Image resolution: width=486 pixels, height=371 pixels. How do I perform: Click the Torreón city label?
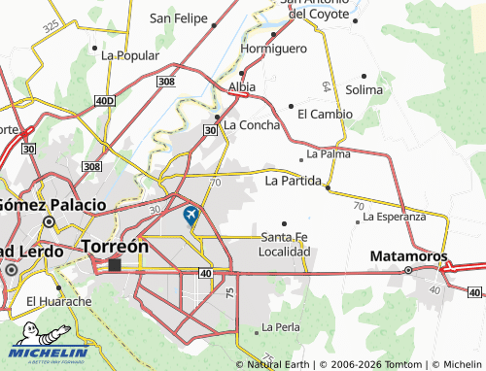click(116, 246)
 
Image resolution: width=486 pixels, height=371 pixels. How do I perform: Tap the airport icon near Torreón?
click(191, 214)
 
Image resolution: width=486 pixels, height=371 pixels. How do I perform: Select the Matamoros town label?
click(409, 256)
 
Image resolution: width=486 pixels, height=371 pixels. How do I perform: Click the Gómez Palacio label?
click(53, 205)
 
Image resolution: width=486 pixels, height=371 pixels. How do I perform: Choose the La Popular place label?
click(130, 55)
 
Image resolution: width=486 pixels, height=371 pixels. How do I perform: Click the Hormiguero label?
click(273, 49)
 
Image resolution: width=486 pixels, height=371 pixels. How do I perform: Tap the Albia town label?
click(241, 87)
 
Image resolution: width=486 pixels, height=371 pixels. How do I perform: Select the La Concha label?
click(252, 125)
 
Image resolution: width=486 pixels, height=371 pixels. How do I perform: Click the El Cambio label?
click(325, 114)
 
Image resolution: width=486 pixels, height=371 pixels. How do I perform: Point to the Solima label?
click(364, 89)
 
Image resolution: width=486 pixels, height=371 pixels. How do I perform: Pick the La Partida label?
click(294, 181)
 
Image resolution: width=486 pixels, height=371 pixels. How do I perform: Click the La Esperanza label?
click(395, 217)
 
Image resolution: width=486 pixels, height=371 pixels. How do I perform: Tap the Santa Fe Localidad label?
click(284, 244)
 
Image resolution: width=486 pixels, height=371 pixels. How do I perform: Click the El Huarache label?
click(58, 301)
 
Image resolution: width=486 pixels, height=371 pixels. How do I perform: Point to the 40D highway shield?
click(105, 100)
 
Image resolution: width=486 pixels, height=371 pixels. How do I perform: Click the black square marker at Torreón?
click(115, 264)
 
